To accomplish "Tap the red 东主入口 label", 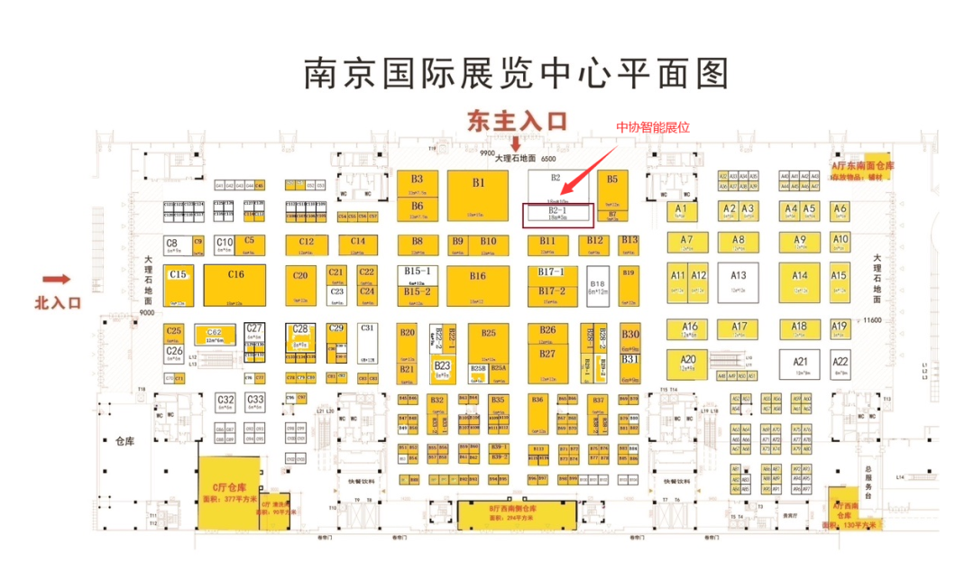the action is coord(515,121).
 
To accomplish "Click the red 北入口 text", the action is coord(58,302).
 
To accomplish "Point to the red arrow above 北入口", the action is coord(56,280).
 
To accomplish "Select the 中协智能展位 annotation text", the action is coord(652,127).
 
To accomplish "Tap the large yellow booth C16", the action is coord(234,284).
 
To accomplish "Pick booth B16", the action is coord(477,281).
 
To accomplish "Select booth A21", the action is coord(800,363).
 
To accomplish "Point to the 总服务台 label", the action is coord(868,483).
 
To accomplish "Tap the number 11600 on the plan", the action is coord(871,319).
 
